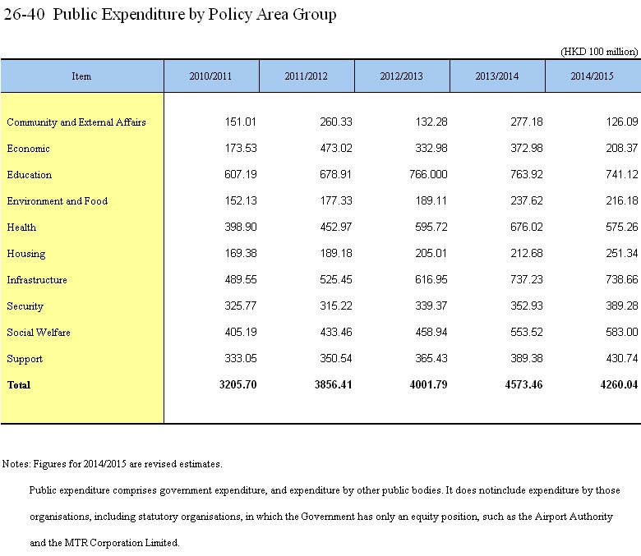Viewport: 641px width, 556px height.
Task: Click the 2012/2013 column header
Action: pos(401,76)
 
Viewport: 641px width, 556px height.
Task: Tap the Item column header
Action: pos(81,76)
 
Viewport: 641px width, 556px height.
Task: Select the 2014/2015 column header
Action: pos(592,76)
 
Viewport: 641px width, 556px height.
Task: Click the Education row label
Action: pos(30,175)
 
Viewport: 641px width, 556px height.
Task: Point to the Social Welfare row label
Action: pos(39,333)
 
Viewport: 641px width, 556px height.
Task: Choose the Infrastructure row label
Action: pos(37,280)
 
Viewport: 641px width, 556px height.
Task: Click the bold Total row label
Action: pos(19,385)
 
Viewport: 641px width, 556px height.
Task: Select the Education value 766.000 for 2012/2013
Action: pos(428,174)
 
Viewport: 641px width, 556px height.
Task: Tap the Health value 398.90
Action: pos(241,227)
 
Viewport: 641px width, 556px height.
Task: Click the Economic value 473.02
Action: pos(336,149)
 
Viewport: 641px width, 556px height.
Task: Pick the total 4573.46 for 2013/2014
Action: pos(523,385)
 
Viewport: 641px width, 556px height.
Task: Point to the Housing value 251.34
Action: pos(622,253)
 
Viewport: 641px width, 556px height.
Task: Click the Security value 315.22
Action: pos(336,306)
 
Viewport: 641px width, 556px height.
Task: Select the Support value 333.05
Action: pos(241,359)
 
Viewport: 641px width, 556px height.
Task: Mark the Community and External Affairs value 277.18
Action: pos(527,122)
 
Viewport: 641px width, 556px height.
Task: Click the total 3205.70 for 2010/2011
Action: pos(238,385)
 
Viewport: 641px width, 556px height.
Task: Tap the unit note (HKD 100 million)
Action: pos(599,52)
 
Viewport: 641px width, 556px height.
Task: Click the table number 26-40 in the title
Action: pos(24,14)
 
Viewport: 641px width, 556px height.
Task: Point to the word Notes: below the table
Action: pos(16,464)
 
